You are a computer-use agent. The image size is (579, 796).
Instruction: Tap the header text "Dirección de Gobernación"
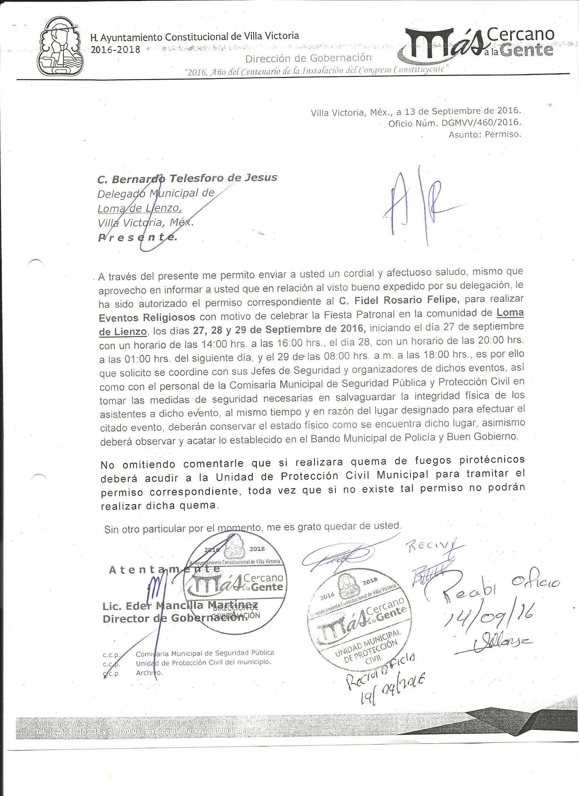pyautogui.click(x=308, y=58)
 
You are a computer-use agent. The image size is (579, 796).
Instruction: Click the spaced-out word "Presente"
pyautogui.click(x=138, y=238)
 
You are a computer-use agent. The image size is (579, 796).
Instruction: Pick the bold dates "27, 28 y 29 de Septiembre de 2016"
pyautogui.click(x=279, y=330)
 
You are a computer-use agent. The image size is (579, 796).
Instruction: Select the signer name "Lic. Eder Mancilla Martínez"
pyautogui.click(x=180, y=606)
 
